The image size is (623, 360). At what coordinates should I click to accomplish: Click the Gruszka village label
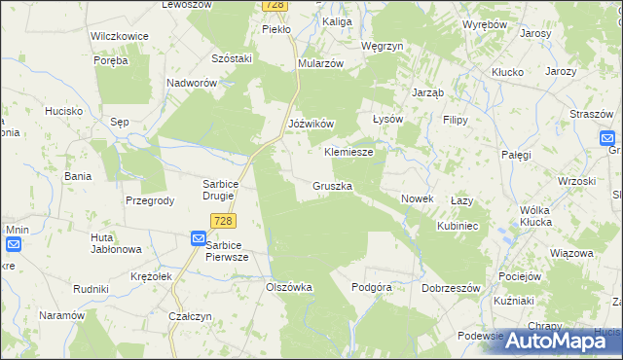(333, 185)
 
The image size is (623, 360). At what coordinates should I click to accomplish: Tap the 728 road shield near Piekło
(275, 6)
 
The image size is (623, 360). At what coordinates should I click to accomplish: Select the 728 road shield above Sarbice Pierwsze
(221, 223)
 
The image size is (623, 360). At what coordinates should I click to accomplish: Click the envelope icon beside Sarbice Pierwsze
(198, 238)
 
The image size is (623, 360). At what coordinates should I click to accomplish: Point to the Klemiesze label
(348, 153)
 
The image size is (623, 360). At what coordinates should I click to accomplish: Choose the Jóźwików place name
(311, 125)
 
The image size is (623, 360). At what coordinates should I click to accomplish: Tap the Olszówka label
(289, 287)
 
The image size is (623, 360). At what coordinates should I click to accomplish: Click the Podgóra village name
(372, 287)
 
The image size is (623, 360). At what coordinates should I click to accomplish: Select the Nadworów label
(191, 84)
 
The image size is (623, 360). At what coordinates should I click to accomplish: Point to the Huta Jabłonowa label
(116, 243)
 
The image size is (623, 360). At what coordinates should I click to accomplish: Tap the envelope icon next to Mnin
(14, 244)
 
